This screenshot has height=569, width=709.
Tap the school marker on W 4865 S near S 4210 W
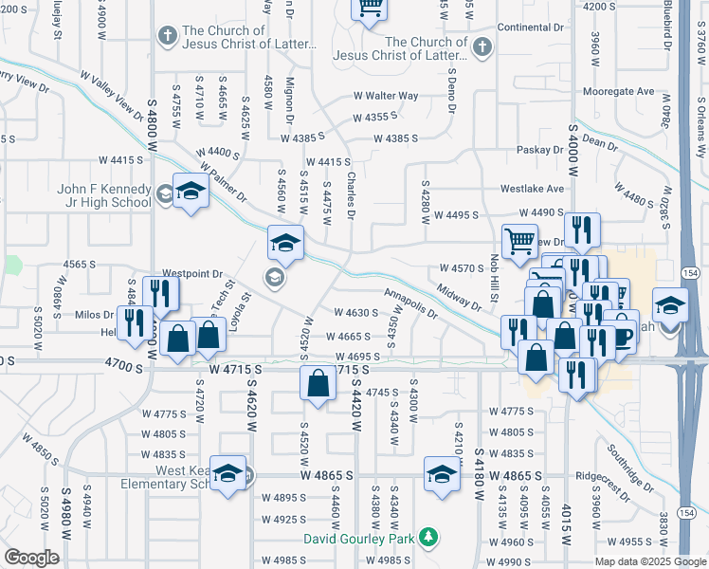(442, 475)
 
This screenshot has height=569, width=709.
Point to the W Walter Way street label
(386, 96)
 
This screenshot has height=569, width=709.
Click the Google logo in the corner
(30, 558)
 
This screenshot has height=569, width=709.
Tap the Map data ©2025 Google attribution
(650, 561)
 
